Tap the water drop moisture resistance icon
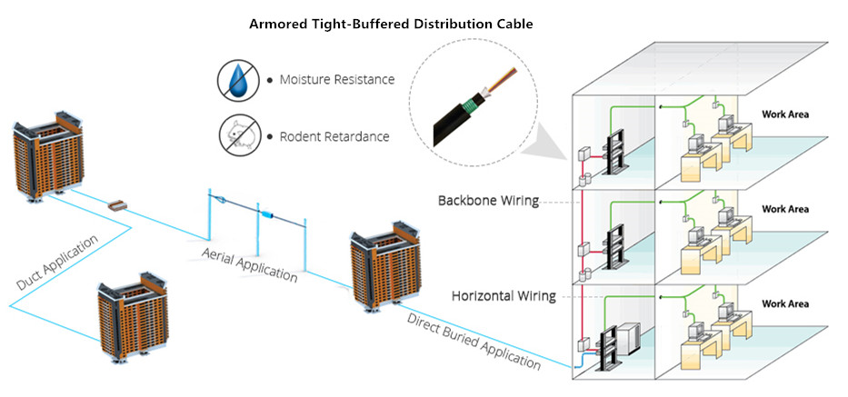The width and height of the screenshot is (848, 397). point(237,80)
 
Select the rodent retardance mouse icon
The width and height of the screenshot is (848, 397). point(237,136)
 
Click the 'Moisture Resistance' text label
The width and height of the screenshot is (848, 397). point(335,80)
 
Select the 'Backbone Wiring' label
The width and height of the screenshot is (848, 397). point(489,201)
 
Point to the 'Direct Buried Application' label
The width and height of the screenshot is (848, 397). point(474,341)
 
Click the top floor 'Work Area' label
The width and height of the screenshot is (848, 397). point(785,114)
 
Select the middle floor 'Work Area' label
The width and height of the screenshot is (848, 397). point(785,209)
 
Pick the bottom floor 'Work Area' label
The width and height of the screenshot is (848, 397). point(785,303)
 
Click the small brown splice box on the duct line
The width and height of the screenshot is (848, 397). point(117,206)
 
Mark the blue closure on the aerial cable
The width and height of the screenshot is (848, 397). point(270,214)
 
